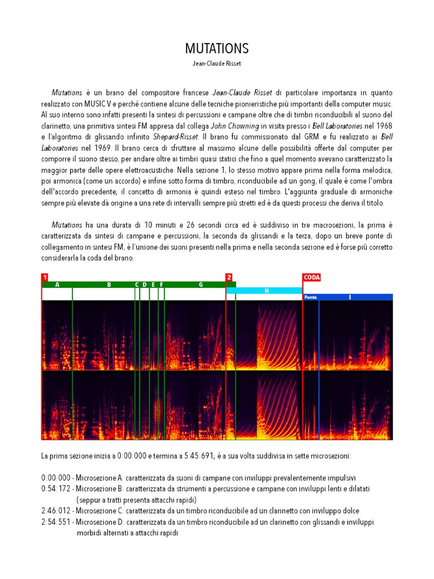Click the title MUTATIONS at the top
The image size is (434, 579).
pyautogui.click(x=217, y=48)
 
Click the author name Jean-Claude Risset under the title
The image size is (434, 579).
pyautogui.click(x=217, y=63)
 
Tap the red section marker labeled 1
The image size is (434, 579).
pyautogui.click(x=45, y=277)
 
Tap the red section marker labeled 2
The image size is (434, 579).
pyautogui.click(x=229, y=277)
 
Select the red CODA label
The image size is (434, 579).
pyautogui.click(x=311, y=277)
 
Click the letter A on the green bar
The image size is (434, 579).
pyautogui.click(x=57, y=285)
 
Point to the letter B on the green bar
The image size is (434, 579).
pyautogui.click(x=109, y=285)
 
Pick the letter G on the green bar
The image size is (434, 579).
pyautogui.click(x=201, y=285)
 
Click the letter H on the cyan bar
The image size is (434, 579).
pyautogui.click(x=266, y=291)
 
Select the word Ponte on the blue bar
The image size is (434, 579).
pyautogui.click(x=310, y=297)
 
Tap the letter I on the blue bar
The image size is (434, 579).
pyautogui.click(x=350, y=297)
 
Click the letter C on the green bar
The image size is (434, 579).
pyautogui.click(x=137, y=285)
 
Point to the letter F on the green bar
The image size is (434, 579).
pyautogui.click(x=162, y=285)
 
